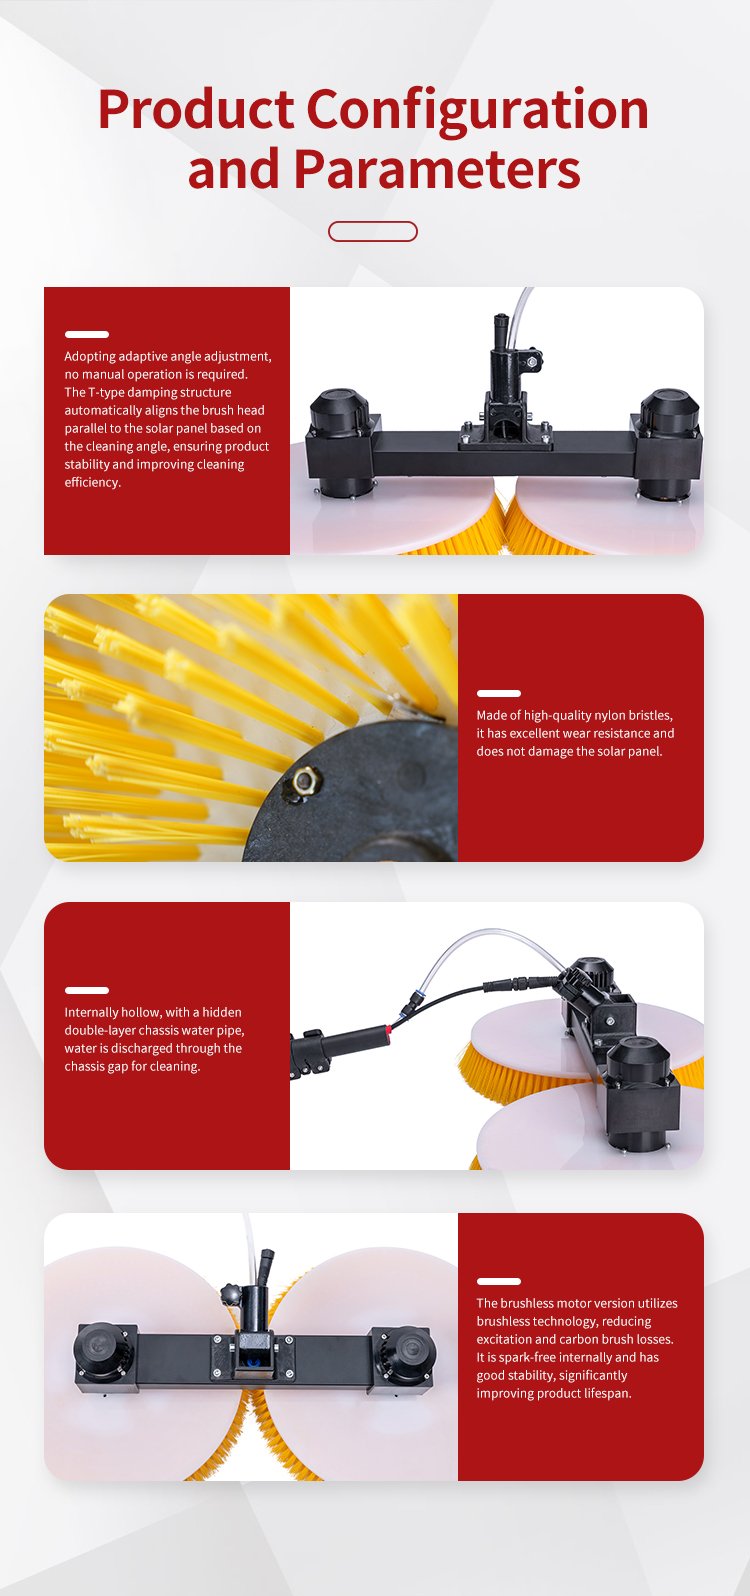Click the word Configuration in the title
[477, 111]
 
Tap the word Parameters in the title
[437, 169]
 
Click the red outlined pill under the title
[373, 232]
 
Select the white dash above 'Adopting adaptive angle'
[87, 334]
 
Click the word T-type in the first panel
[105, 392]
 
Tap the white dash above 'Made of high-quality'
[499, 693]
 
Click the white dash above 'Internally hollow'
[87, 990]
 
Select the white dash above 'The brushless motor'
[499, 1282]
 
